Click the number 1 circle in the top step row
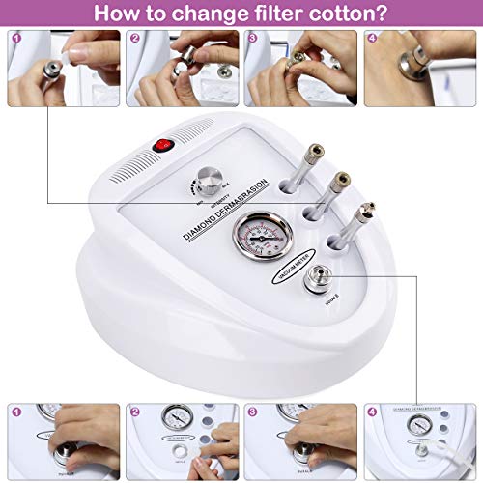(x=13, y=40)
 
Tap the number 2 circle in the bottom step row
(x=133, y=412)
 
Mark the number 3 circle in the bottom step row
(x=253, y=412)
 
